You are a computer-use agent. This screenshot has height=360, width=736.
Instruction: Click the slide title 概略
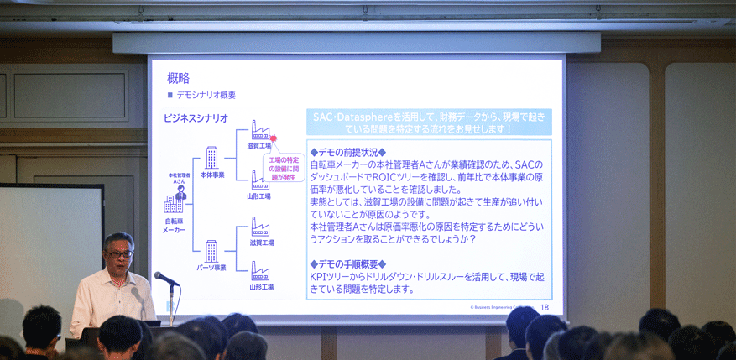(x=178, y=78)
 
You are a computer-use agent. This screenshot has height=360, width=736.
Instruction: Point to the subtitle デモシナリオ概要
(x=206, y=95)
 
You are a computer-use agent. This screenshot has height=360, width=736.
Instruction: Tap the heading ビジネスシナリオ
(x=196, y=118)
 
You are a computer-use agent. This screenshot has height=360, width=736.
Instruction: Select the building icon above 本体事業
(x=211, y=157)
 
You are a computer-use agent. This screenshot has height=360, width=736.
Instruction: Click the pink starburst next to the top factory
(x=272, y=138)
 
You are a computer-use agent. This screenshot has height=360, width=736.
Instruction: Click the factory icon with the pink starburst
(x=259, y=131)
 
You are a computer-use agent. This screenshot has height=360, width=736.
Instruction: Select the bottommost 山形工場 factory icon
(x=260, y=271)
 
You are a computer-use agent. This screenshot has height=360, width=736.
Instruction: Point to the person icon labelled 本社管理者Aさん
(x=180, y=195)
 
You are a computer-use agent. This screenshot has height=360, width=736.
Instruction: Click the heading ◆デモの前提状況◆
(x=347, y=152)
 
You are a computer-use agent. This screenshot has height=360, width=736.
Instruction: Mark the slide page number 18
(x=545, y=308)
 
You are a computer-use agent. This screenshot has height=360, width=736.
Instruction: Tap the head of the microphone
(x=159, y=275)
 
